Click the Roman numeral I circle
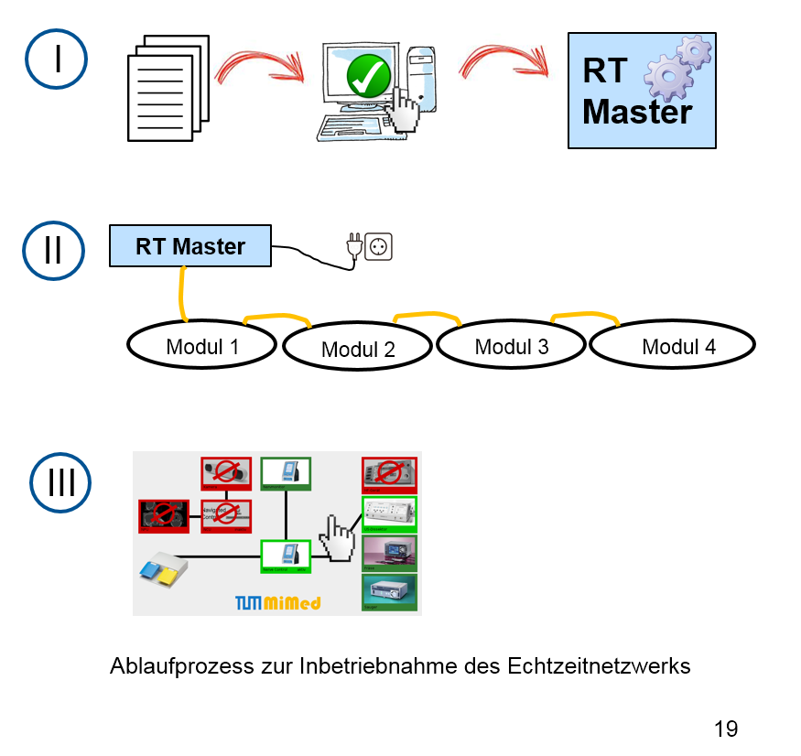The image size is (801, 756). point(56,59)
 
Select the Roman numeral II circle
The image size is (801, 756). point(54,249)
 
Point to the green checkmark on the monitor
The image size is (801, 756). point(369,76)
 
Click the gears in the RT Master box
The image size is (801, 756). point(677,68)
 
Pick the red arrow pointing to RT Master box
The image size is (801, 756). point(503,61)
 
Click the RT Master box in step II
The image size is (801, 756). point(190,246)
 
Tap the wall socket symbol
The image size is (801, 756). point(378,246)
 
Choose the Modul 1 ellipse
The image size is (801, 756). point(201,346)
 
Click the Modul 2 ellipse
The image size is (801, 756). point(357,349)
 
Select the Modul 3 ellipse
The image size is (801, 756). point(511,346)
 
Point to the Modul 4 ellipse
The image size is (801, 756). point(673,346)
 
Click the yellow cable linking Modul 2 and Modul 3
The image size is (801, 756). point(428,316)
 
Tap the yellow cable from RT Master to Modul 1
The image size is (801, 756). point(182,295)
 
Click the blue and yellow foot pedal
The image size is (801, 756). point(163,569)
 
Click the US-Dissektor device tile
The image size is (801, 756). point(390,515)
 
